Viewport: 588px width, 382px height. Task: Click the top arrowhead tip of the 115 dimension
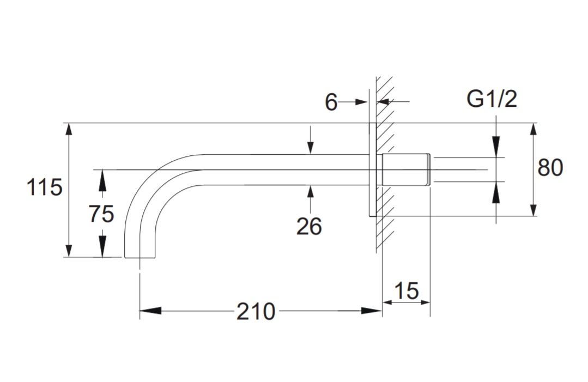(68, 123)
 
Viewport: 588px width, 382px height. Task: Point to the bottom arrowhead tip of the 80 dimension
(534, 216)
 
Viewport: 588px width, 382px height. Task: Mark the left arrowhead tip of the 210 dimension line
(140, 311)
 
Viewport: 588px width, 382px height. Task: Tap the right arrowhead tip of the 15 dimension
(430, 302)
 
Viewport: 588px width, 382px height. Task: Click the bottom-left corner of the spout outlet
(124, 258)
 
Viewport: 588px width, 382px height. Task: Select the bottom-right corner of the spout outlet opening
(155, 258)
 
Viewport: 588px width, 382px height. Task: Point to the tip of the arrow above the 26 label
(310, 185)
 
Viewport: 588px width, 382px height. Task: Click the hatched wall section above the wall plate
(384, 99)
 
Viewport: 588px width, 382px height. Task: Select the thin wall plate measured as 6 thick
(372, 169)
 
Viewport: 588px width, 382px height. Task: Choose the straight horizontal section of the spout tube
(286, 169)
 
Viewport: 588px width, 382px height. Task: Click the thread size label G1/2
(492, 99)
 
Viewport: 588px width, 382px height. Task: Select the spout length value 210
(256, 311)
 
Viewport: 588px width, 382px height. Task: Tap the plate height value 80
(550, 167)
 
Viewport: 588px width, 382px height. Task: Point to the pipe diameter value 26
(309, 227)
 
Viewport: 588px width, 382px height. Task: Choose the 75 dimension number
(101, 214)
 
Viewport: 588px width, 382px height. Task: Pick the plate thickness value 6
(331, 102)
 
